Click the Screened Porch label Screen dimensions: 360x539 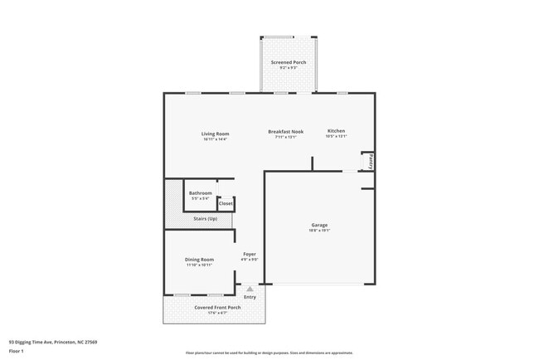(288, 63)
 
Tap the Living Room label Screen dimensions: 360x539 (215, 133)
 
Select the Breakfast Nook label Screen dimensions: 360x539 (285, 131)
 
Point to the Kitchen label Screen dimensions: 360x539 (336, 131)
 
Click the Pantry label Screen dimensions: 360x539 (371, 161)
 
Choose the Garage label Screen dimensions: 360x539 (320, 225)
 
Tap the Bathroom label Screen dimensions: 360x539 (200, 193)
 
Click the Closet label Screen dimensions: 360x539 (226, 202)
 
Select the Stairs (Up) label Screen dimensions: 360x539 (205, 218)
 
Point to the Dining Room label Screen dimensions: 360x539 (199, 260)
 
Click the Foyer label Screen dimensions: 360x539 (250, 254)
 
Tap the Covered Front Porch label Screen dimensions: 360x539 (217, 307)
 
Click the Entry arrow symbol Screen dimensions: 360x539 (250, 289)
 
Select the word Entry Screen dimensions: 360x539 (250, 297)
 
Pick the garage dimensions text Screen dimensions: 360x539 (320, 231)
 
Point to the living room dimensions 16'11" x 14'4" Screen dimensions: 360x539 (215, 139)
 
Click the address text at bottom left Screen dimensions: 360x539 (53, 341)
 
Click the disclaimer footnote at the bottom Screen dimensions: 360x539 (269, 353)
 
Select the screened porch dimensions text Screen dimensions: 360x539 (288, 69)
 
